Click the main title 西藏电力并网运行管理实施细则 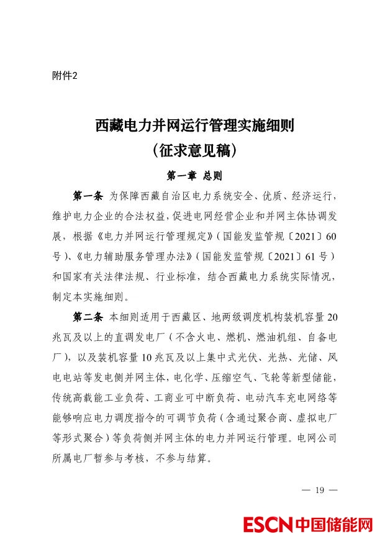[194, 127]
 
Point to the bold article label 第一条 [88, 197]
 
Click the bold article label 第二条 [88, 317]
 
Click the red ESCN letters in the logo [268, 525]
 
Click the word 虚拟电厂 [317, 417]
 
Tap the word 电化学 [186, 377]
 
